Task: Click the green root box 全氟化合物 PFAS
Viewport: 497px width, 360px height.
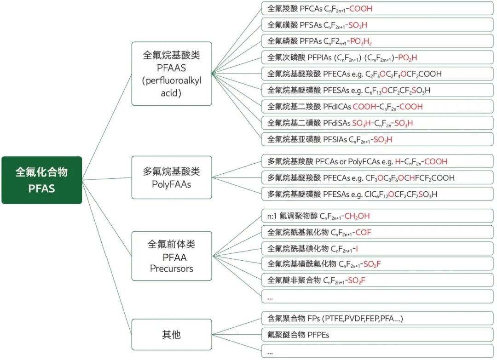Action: coord(41,180)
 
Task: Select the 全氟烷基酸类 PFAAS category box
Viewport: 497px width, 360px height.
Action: coord(172,74)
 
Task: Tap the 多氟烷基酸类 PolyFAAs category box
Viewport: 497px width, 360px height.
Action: coord(172,178)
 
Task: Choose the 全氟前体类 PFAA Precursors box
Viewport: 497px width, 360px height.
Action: coord(172,256)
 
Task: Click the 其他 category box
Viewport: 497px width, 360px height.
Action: coord(172,334)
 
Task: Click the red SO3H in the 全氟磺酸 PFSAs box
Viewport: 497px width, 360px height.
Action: coord(357,25)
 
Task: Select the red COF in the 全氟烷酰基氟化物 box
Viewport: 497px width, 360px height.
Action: coord(363,233)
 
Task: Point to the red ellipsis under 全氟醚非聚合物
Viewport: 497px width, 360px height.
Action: coord(270,297)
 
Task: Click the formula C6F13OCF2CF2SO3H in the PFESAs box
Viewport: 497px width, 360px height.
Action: coord(391,91)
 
